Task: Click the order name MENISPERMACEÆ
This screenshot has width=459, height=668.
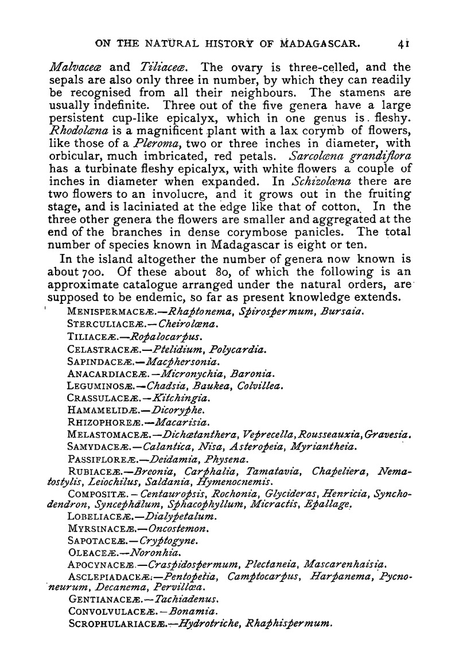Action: (105, 311)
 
